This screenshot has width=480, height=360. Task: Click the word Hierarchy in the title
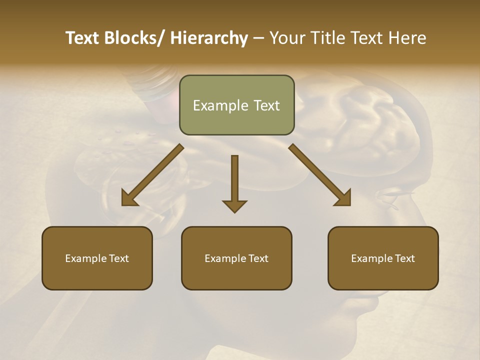point(209,38)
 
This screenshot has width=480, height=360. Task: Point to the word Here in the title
point(407,38)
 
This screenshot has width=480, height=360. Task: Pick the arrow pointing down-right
point(320,175)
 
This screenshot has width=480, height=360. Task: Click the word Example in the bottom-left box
point(86,258)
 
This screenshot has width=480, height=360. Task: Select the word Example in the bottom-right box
point(372,258)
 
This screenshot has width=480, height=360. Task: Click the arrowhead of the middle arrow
point(234,205)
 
